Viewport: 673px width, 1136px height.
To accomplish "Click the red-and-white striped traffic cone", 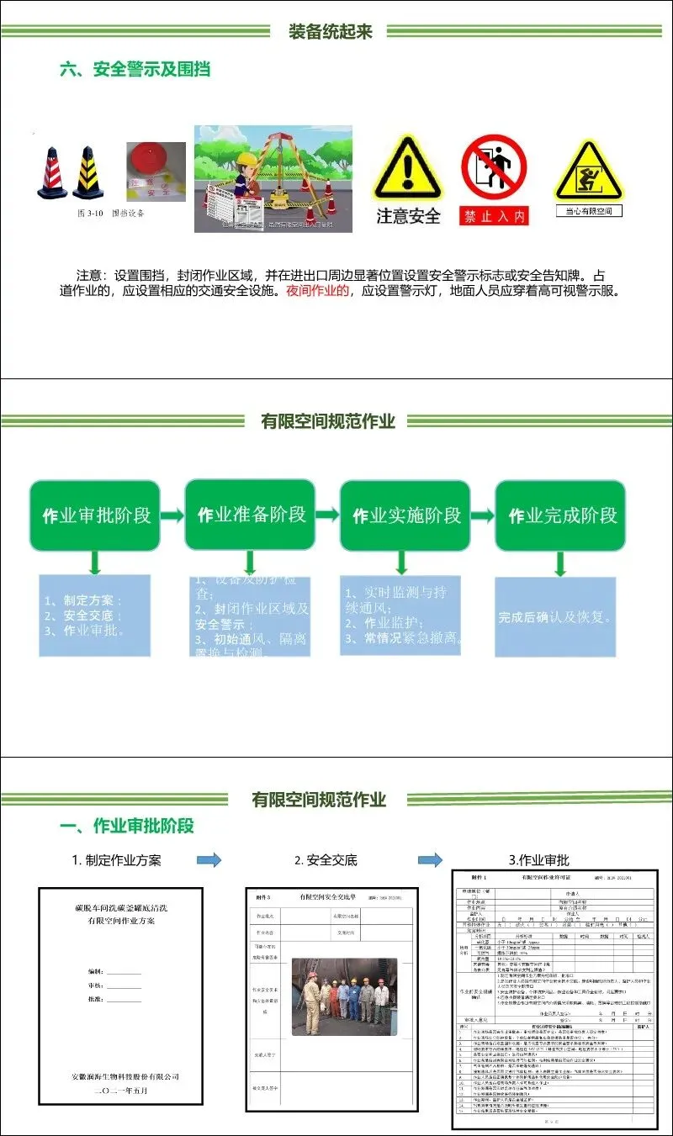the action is click(x=52, y=173).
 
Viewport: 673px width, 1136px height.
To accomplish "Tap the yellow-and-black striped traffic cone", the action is click(x=87, y=173).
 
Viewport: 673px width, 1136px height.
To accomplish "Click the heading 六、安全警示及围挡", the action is click(x=135, y=70).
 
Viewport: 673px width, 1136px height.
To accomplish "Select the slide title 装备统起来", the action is click(x=331, y=32).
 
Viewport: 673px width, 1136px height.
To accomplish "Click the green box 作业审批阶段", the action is click(x=95, y=515).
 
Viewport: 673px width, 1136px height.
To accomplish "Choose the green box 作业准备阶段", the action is click(x=250, y=515).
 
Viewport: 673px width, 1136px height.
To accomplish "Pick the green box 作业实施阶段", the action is click(x=405, y=515).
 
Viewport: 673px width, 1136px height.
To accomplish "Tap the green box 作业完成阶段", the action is click(x=560, y=515).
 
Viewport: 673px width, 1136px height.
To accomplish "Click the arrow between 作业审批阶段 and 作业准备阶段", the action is click(x=172, y=515).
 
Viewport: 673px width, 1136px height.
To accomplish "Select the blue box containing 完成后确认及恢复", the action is click(x=555, y=617).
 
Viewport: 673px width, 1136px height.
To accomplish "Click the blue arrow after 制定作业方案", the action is click(x=209, y=859).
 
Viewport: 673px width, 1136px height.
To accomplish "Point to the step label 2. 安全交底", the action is click(x=326, y=860).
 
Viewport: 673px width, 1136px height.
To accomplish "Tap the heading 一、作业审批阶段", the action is click(x=127, y=825).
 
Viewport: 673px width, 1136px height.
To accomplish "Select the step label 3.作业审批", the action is click(x=539, y=860).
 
